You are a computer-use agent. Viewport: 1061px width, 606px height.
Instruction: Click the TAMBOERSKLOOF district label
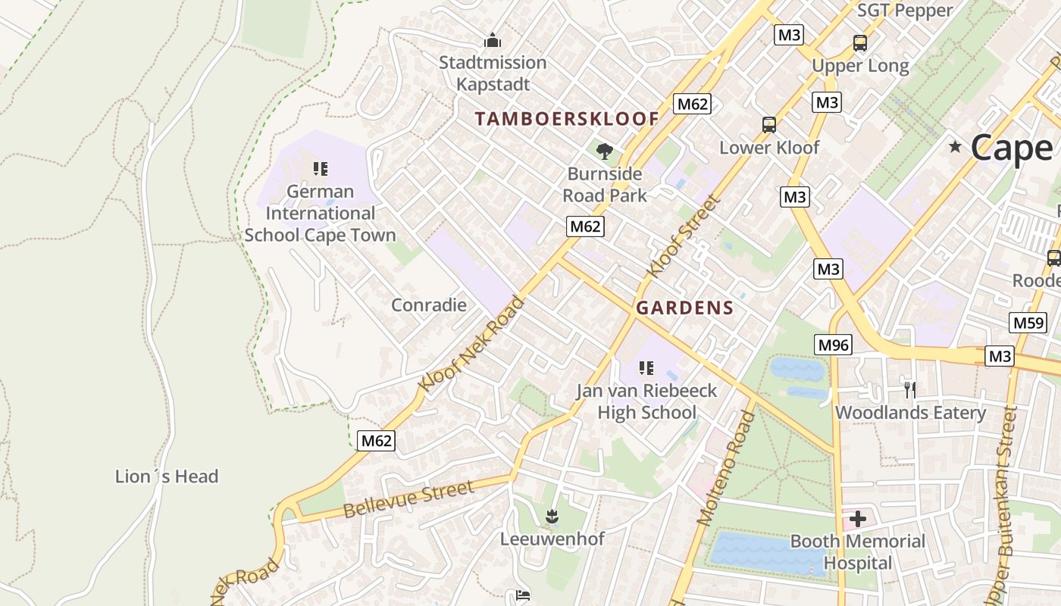[567, 119]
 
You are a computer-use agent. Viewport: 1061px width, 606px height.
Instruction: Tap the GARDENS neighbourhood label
[684, 308]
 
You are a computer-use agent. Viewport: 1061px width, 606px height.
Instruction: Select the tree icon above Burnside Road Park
[604, 151]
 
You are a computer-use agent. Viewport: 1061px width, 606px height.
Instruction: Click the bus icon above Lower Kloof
[768, 124]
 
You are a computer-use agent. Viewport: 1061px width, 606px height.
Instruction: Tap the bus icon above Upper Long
[859, 43]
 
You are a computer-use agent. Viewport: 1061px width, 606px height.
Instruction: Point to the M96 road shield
[834, 345]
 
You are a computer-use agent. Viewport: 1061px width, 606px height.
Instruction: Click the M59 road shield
[1028, 323]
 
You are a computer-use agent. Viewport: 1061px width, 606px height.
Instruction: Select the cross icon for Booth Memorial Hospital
[857, 519]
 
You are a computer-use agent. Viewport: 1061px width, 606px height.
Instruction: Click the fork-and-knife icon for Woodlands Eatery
[910, 390]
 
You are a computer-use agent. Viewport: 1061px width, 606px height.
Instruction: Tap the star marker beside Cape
[955, 146]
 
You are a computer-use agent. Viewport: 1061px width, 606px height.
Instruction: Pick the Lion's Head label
[167, 476]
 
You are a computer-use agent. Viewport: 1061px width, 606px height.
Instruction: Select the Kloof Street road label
[683, 236]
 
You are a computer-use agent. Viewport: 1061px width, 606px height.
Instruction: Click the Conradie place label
[428, 305]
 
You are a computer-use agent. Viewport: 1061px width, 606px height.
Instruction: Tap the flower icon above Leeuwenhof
[552, 517]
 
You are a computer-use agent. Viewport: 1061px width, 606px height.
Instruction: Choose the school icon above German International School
[320, 168]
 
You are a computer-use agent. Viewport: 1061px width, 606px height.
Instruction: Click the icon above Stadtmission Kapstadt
[493, 39]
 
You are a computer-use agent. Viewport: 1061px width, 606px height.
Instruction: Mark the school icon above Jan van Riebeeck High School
[646, 369]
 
